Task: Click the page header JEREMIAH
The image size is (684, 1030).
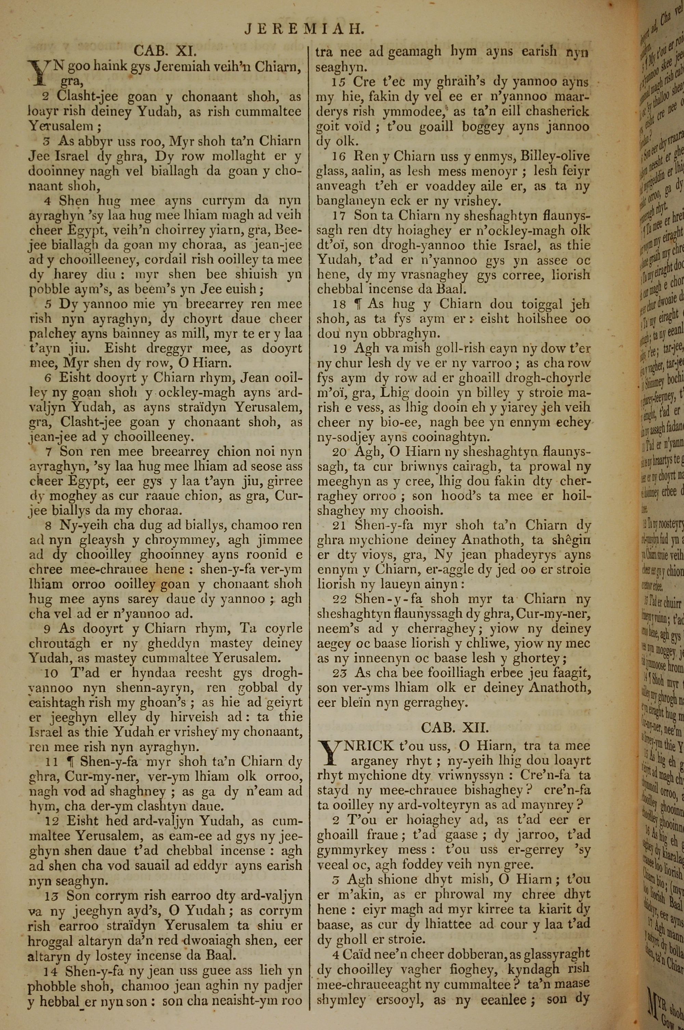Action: click(304, 29)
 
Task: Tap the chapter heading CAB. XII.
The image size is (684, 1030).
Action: click(455, 727)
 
